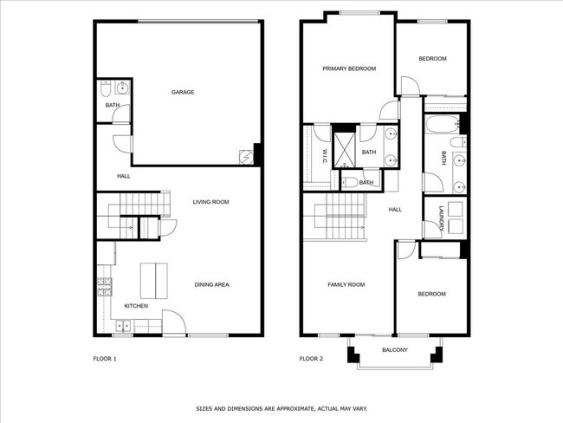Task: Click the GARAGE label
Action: pyautogui.click(x=182, y=92)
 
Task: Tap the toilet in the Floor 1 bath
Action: pyautogui.click(x=105, y=88)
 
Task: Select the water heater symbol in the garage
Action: pyautogui.click(x=246, y=157)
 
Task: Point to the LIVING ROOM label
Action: pyautogui.click(x=210, y=202)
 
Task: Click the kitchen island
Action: pyautogui.click(x=154, y=279)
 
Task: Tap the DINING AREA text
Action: pyautogui.click(x=210, y=284)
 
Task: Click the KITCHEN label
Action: pyautogui.click(x=136, y=306)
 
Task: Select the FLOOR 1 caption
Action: pyautogui.click(x=105, y=358)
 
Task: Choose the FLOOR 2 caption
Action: pyautogui.click(x=311, y=358)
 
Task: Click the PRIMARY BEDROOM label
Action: pyautogui.click(x=349, y=68)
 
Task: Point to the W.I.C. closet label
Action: pyautogui.click(x=322, y=157)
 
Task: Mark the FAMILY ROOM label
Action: pyautogui.click(x=346, y=284)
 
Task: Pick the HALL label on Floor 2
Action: pyautogui.click(x=395, y=209)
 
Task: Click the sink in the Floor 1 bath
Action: pyautogui.click(x=122, y=88)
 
